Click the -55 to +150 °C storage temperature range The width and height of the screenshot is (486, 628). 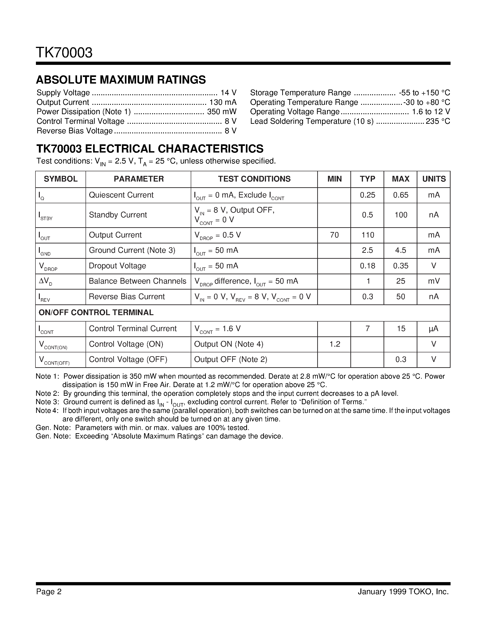pos(424,92)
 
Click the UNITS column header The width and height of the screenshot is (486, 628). pos(434,179)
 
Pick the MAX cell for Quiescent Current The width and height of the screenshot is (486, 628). pos(400,195)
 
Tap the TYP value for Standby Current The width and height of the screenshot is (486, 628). pos(367,215)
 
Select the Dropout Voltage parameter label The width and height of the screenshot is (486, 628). pos(118,266)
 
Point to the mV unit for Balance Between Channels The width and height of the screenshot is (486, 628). pos(434,281)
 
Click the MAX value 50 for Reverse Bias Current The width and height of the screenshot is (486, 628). pos(400,296)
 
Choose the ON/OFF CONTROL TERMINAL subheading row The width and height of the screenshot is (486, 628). pos(96,313)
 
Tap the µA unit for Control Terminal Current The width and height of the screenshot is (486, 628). pos(434,329)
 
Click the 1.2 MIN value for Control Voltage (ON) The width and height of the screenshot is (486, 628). pos(335,344)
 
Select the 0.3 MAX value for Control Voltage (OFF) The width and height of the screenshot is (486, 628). pos(400,359)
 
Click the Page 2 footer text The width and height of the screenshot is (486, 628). pos(49,591)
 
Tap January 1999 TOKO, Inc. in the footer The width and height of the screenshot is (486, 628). pos(403,591)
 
